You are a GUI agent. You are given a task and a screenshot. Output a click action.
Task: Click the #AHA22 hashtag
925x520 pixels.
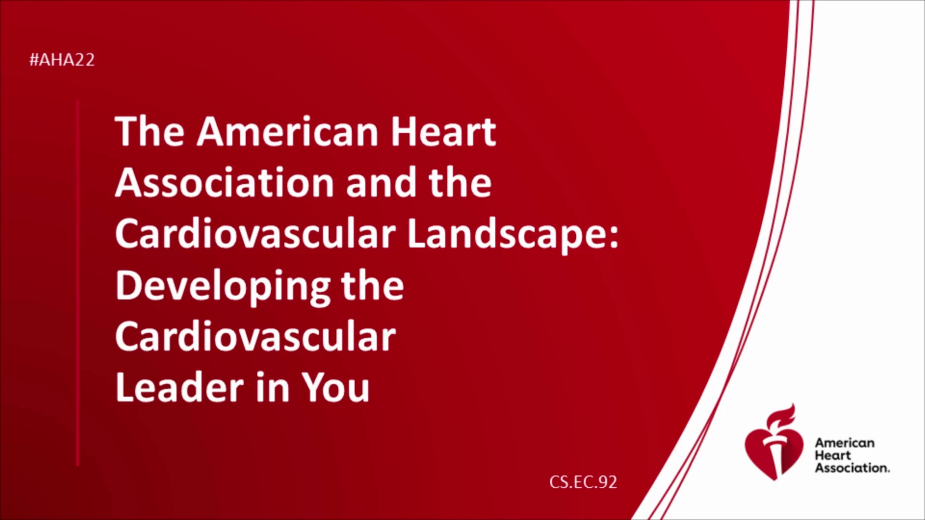pos(62,60)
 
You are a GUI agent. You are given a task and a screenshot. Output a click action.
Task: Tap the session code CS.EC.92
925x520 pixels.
pos(583,482)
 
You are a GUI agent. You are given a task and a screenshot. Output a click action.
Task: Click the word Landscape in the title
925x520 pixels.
pos(513,235)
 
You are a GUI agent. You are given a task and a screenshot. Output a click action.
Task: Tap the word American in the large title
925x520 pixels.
pos(288,131)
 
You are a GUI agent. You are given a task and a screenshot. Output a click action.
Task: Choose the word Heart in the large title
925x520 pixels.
pos(443,131)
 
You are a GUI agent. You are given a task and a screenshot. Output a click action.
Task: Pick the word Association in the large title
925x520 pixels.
pos(225,183)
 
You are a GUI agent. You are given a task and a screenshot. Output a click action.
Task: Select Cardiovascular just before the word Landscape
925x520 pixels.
pos(255,234)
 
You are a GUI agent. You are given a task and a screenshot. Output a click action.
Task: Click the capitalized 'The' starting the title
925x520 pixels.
pos(150,131)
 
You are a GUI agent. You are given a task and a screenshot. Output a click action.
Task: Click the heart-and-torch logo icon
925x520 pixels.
pos(774,443)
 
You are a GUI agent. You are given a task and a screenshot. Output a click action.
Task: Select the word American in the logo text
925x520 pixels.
pos(845,443)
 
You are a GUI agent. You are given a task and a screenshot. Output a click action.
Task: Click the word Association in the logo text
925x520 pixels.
pos(852,468)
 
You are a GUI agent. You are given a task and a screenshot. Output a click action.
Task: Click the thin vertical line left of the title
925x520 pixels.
pos(78,283)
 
